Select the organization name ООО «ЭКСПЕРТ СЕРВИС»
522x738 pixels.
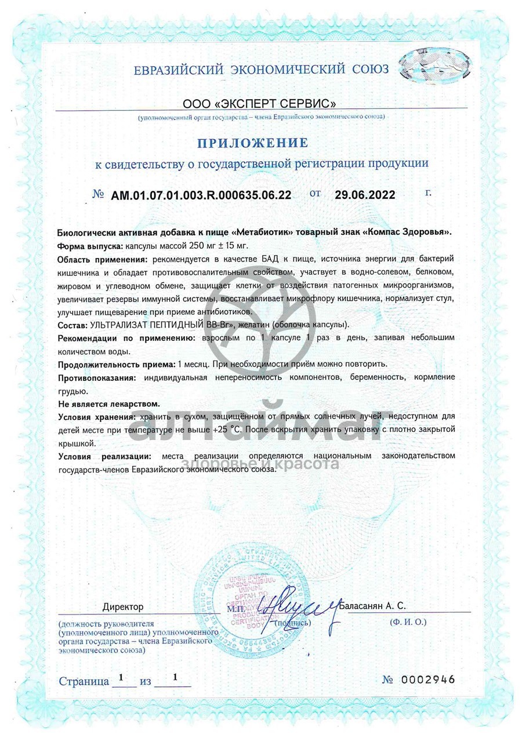(x=259, y=105)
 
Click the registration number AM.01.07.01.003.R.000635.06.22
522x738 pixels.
(x=201, y=195)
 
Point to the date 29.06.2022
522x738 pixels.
(x=365, y=195)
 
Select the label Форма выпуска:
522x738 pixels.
(x=90, y=245)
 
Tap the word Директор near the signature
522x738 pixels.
(x=123, y=607)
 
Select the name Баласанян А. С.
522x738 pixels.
(x=373, y=605)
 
